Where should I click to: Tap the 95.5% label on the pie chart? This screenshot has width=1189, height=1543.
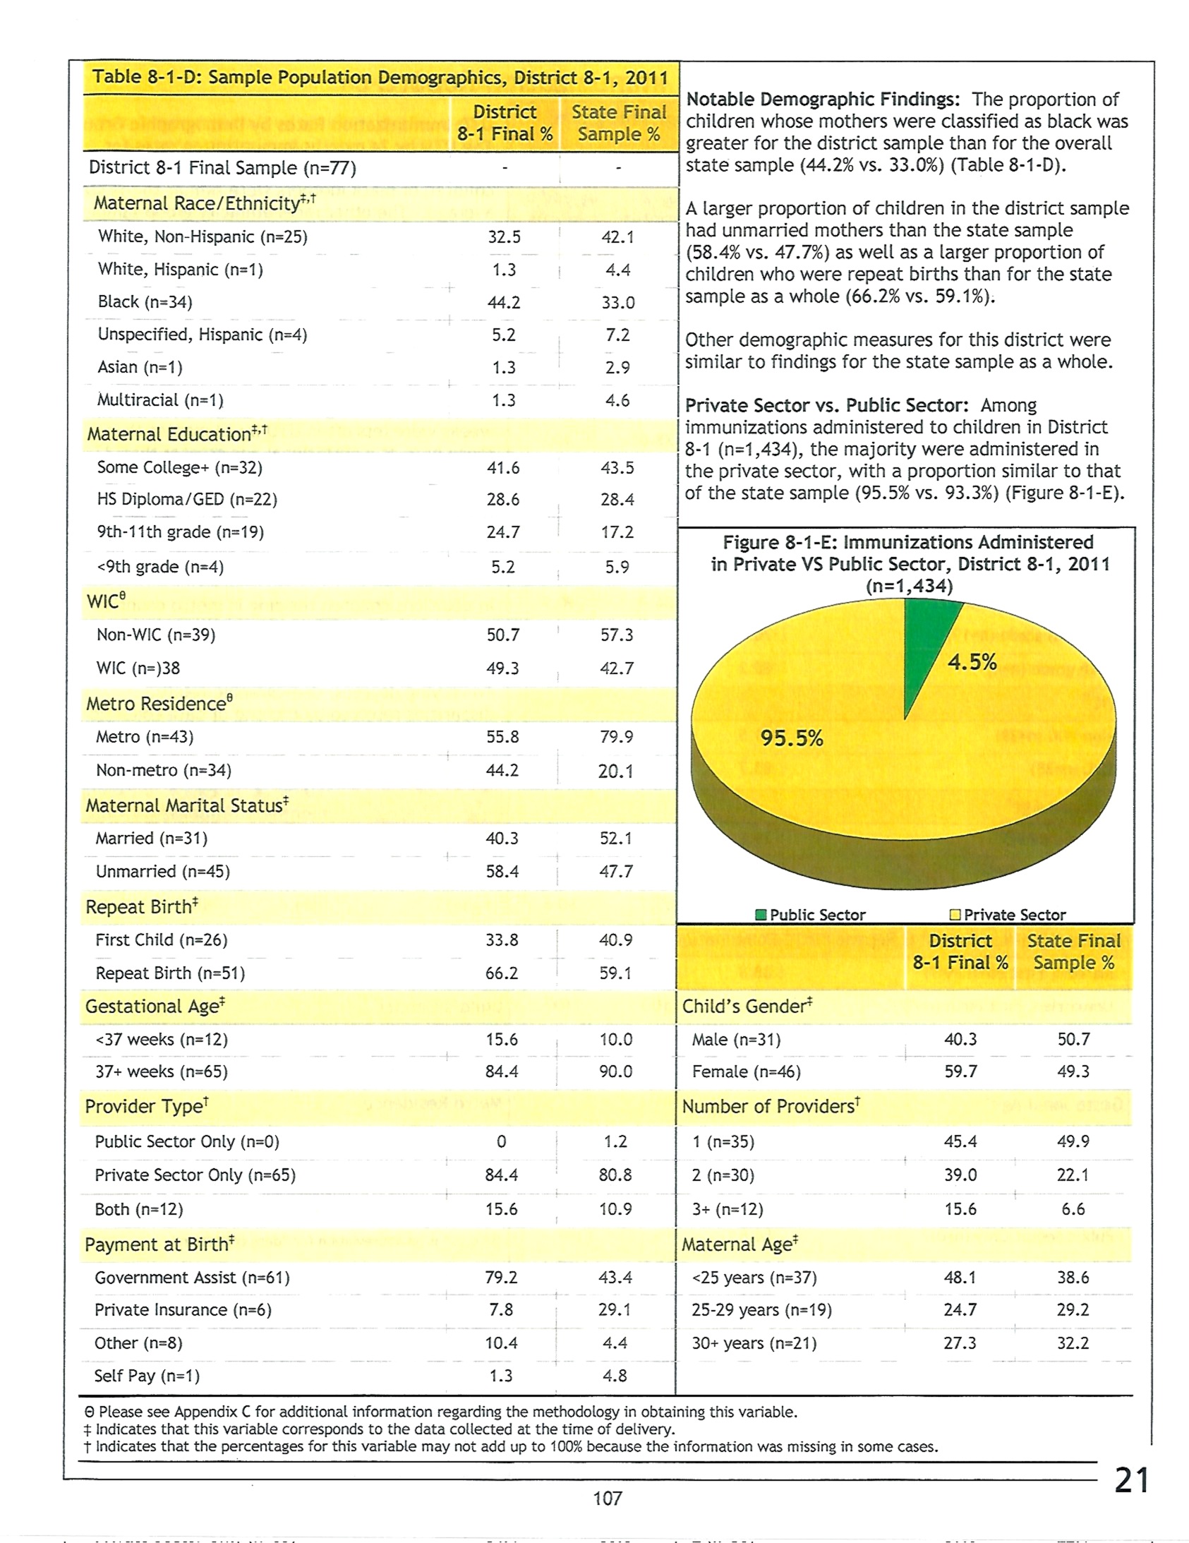pos(791,738)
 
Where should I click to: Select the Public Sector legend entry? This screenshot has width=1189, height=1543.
pos(809,914)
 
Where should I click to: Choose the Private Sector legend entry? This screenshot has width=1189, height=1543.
pos(1008,914)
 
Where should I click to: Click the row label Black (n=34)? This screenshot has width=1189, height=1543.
pos(145,301)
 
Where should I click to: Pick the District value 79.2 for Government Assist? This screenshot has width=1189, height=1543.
pos(501,1277)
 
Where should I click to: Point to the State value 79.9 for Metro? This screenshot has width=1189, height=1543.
pos(616,736)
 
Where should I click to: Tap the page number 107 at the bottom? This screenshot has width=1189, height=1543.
pos(607,1498)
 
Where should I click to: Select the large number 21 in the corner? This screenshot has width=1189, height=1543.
pos(1131,1479)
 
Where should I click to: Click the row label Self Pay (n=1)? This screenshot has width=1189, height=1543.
pos(147,1376)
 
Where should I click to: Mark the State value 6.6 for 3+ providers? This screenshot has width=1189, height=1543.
pos(1073,1209)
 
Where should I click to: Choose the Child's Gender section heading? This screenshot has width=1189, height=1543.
pos(747,1005)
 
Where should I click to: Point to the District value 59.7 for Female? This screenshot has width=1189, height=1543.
pos(961,1071)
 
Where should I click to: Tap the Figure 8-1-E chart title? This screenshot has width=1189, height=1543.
pos(910,564)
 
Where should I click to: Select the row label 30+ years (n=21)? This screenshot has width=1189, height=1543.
pos(754,1343)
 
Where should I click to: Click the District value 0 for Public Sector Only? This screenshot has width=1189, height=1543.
pos(501,1141)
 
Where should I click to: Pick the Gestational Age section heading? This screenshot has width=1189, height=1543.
pos(155,1005)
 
